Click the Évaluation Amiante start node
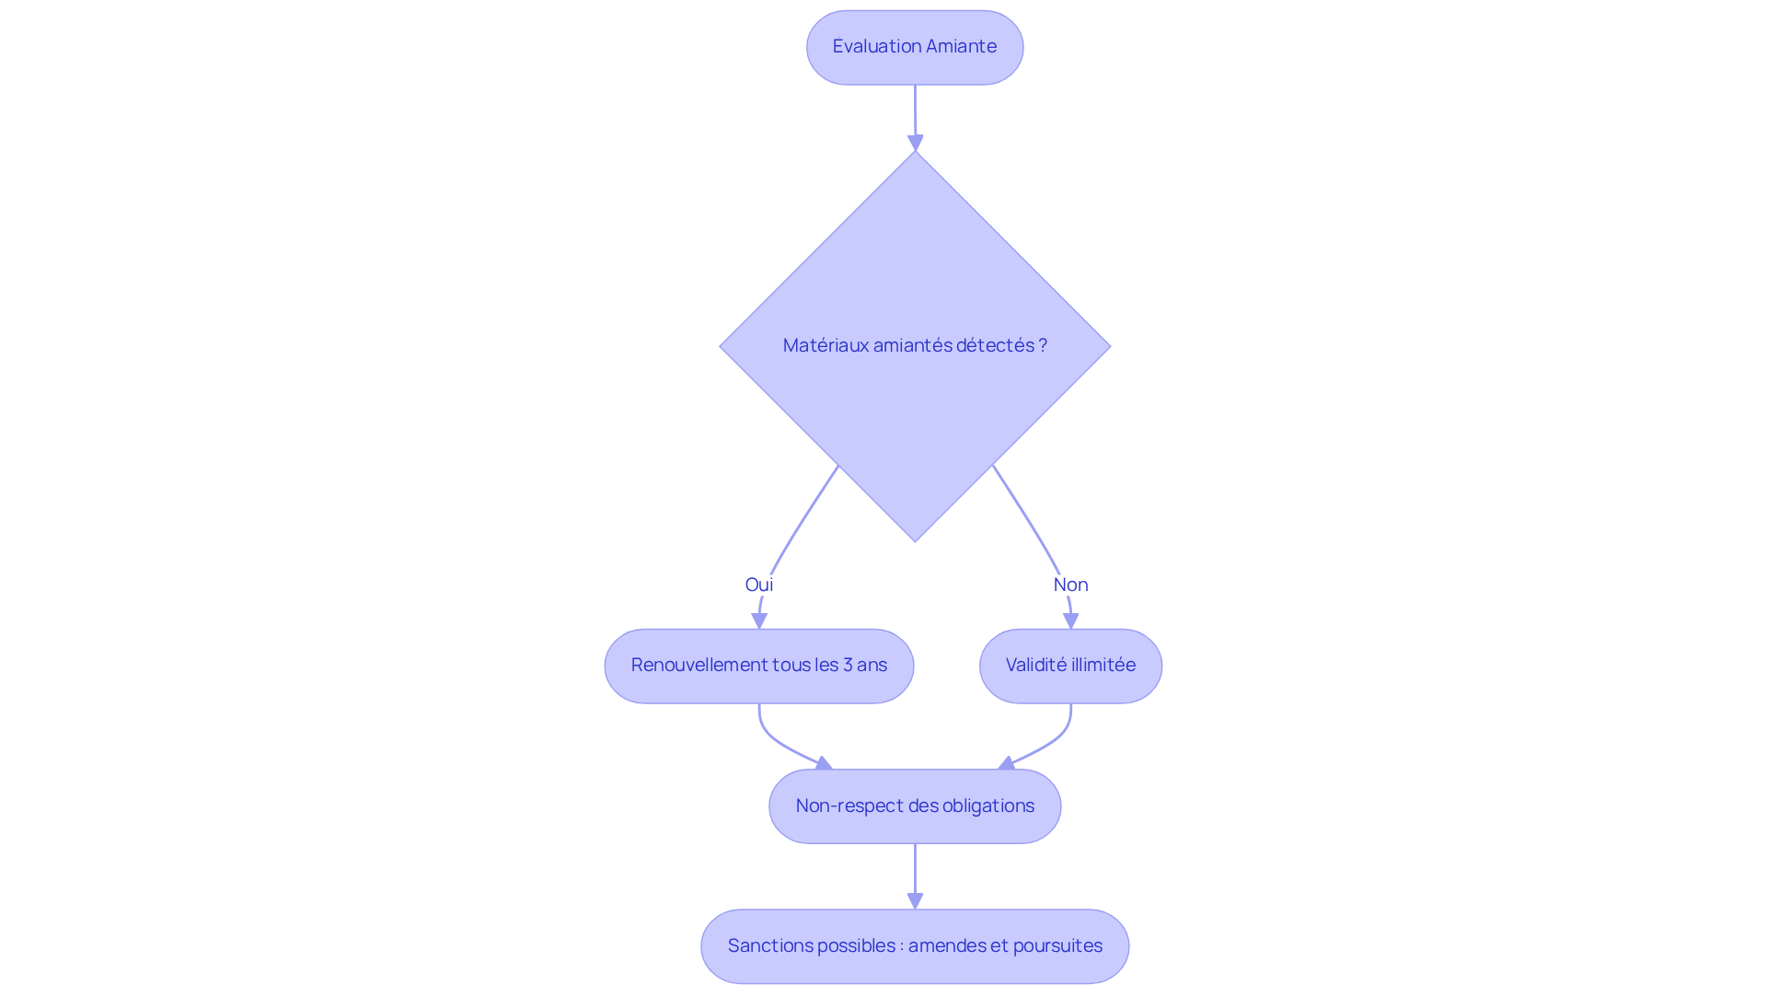click(914, 48)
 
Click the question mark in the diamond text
click(1043, 345)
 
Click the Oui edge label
click(758, 585)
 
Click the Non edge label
click(1070, 585)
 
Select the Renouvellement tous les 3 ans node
click(758, 666)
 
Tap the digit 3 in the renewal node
click(847, 666)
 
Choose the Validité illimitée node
click(1070, 666)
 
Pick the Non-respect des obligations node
click(914, 806)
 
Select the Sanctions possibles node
click(914, 946)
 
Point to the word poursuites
click(1057, 946)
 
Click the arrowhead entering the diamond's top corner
click(915, 143)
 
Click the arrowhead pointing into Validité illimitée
click(1070, 621)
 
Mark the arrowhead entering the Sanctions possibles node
click(915, 901)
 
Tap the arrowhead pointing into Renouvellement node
click(759, 621)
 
